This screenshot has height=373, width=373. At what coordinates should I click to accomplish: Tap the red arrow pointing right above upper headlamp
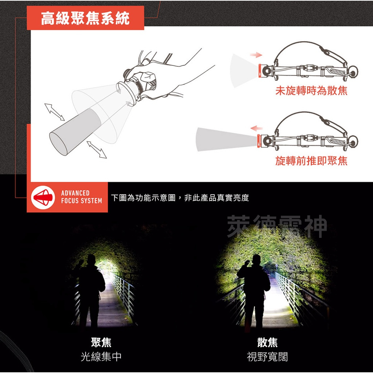click(256, 55)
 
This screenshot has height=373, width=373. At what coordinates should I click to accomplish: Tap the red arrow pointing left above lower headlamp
click(257, 128)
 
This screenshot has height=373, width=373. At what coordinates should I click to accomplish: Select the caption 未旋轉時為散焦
click(311, 91)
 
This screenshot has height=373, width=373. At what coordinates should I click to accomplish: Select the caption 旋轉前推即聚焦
click(311, 160)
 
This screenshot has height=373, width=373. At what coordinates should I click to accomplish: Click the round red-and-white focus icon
click(43, 197)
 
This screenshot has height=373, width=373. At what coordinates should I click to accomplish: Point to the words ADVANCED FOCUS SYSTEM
click(81, 197)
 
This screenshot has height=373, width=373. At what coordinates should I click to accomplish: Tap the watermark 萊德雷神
click(277, 227)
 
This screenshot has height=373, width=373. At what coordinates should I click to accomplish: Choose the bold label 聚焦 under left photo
click(101, 342)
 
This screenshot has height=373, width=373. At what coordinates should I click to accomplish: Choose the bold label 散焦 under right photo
click(267, 342)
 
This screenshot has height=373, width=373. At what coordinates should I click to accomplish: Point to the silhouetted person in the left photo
click(89, 288)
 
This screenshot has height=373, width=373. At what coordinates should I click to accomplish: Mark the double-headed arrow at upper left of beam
click(55, 112)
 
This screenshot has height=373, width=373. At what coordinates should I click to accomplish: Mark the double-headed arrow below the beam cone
click(97, 150)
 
